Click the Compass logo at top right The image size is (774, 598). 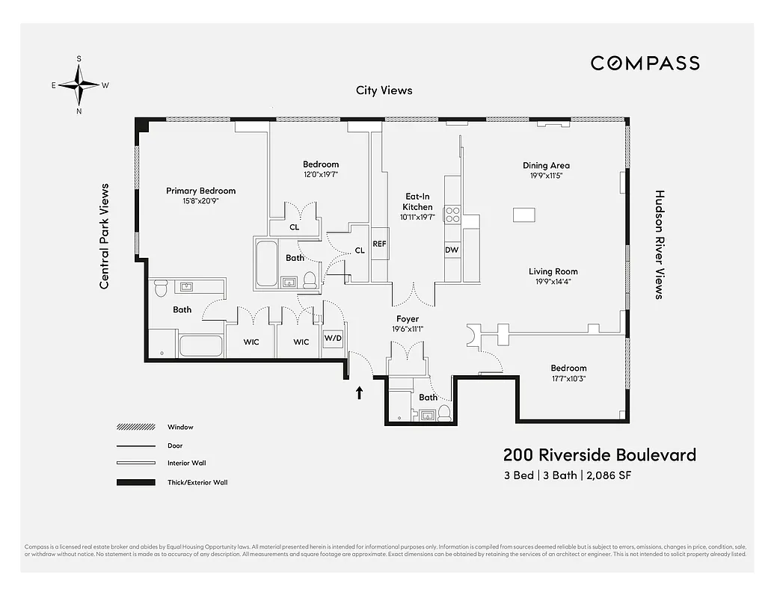645,64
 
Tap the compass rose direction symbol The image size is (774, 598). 79,84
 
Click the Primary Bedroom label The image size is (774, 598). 200,191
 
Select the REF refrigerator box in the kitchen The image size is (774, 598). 380,244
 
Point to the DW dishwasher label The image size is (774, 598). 452,250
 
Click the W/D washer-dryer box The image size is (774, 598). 333,338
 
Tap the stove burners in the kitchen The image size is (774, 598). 453,215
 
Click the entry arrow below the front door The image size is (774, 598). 359,392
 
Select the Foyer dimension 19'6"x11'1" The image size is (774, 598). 408,329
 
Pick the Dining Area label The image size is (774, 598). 546,166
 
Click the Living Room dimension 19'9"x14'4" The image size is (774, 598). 553,282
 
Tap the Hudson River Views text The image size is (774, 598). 660,244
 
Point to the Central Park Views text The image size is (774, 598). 105,236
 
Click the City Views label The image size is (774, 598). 384,90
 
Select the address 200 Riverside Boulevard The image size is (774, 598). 599,455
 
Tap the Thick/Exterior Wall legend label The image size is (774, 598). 197,482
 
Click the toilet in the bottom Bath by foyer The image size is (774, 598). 444,413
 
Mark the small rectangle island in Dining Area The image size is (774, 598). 524,215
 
